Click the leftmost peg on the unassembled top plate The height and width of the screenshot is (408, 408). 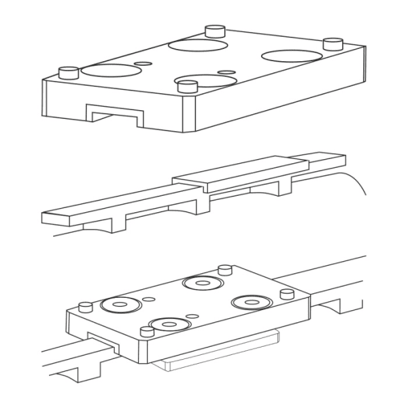pos(68,71)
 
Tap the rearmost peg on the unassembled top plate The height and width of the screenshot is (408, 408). pos(216,31)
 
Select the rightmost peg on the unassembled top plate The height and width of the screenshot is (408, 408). pos(332,44)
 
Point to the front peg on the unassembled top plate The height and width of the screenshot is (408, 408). pos(186,85)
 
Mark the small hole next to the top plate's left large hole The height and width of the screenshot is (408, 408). pos(143,63)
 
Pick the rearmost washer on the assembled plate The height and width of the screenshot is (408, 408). pos(202,282)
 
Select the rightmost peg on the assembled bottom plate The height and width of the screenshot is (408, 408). pos(286,294)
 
